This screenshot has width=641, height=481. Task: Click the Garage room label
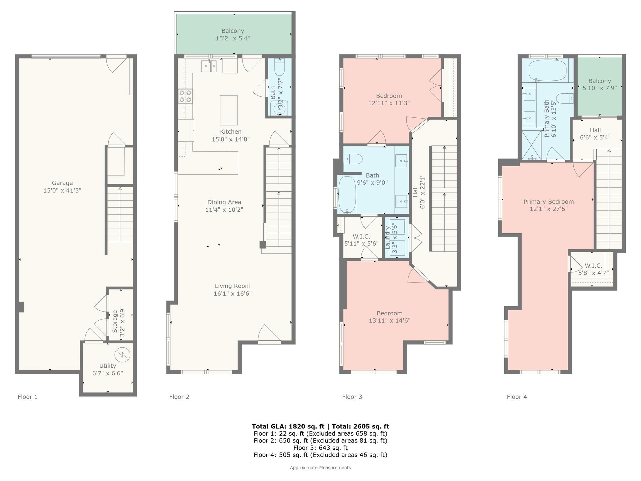(x=62, y=183)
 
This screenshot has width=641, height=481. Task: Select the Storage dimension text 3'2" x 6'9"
(x=122, y=322)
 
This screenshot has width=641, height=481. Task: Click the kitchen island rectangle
(x=229, y=110)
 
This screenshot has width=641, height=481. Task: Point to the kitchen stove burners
(x=185, y=96)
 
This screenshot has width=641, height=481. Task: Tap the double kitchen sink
(x=209, y=66)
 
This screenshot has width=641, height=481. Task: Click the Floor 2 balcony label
(x=233, y=31)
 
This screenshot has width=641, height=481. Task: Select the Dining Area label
(x=224, y=202)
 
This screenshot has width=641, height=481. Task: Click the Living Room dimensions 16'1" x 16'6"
(x=233, y=294)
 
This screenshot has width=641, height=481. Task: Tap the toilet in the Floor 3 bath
(x=354, y=159)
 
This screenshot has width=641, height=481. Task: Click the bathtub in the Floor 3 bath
(x=347, y=195)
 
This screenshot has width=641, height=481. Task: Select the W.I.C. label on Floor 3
(x=362, y=236)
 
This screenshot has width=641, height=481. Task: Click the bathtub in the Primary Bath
(x=547, y=70)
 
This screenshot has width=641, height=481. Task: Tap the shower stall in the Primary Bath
(x=531, y=145)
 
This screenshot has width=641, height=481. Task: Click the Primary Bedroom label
(x=549, y=202)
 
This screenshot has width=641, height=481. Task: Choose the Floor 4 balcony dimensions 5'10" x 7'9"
(x=599, y=88)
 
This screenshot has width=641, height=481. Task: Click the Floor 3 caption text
(x=352, y=397)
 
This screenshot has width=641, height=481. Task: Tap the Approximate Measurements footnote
(x=320, y=468)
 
